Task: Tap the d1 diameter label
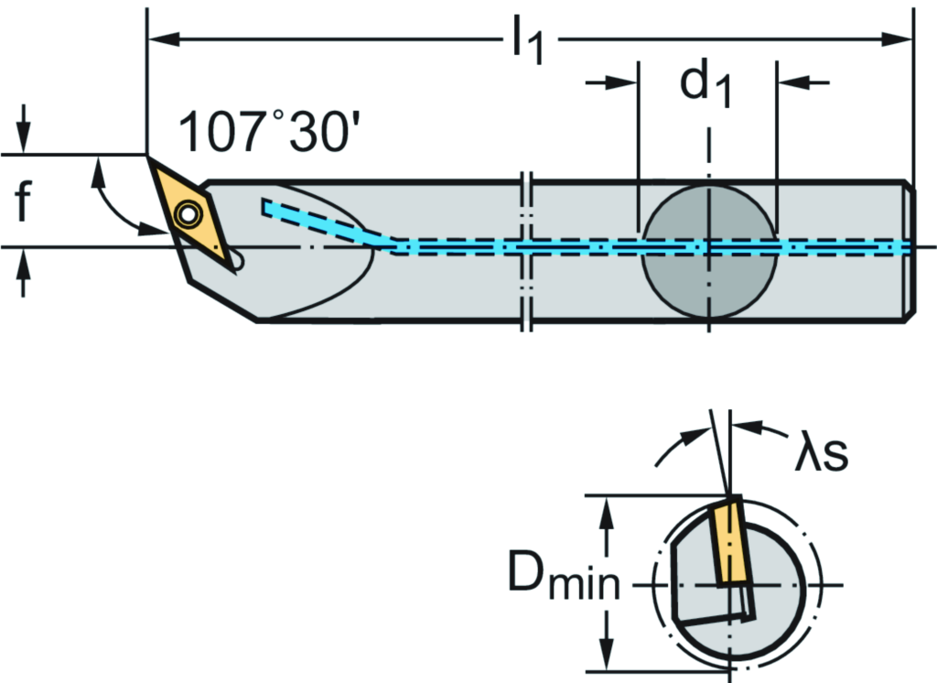(705, 85)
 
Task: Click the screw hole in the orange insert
(188, 214)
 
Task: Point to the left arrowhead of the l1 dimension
(161, 38)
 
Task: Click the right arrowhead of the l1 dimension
(901, 38)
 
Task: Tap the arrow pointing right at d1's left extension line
(623, 82)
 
